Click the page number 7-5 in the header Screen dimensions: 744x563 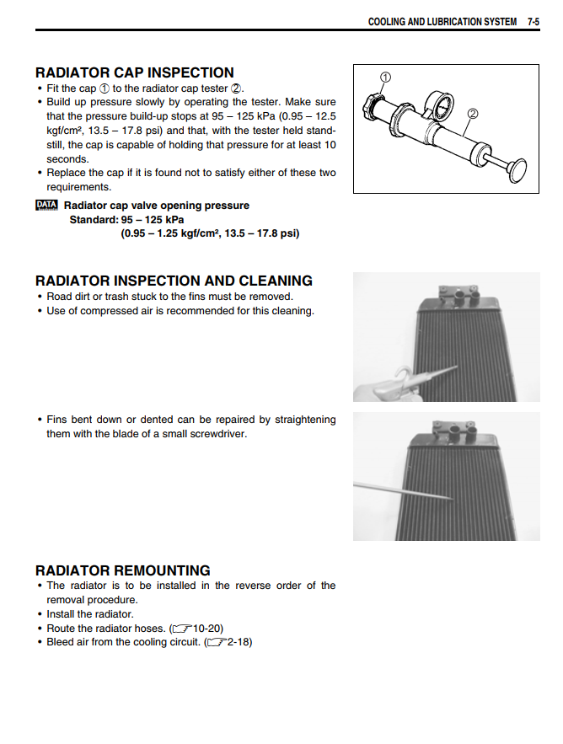(533, 22)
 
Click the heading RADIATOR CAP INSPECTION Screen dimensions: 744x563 (135, 72)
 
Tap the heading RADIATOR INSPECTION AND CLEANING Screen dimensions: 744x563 (174, 281)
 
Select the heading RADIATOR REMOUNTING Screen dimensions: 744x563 (123, 570)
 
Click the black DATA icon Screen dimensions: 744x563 (47, 205)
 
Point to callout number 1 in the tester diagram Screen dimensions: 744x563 (385, 78)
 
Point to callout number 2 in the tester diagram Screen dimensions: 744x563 (472, 113)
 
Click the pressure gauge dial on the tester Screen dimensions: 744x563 (437, 105)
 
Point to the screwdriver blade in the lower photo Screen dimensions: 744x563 (405, 492)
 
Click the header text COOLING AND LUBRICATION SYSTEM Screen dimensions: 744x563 (442, 22)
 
